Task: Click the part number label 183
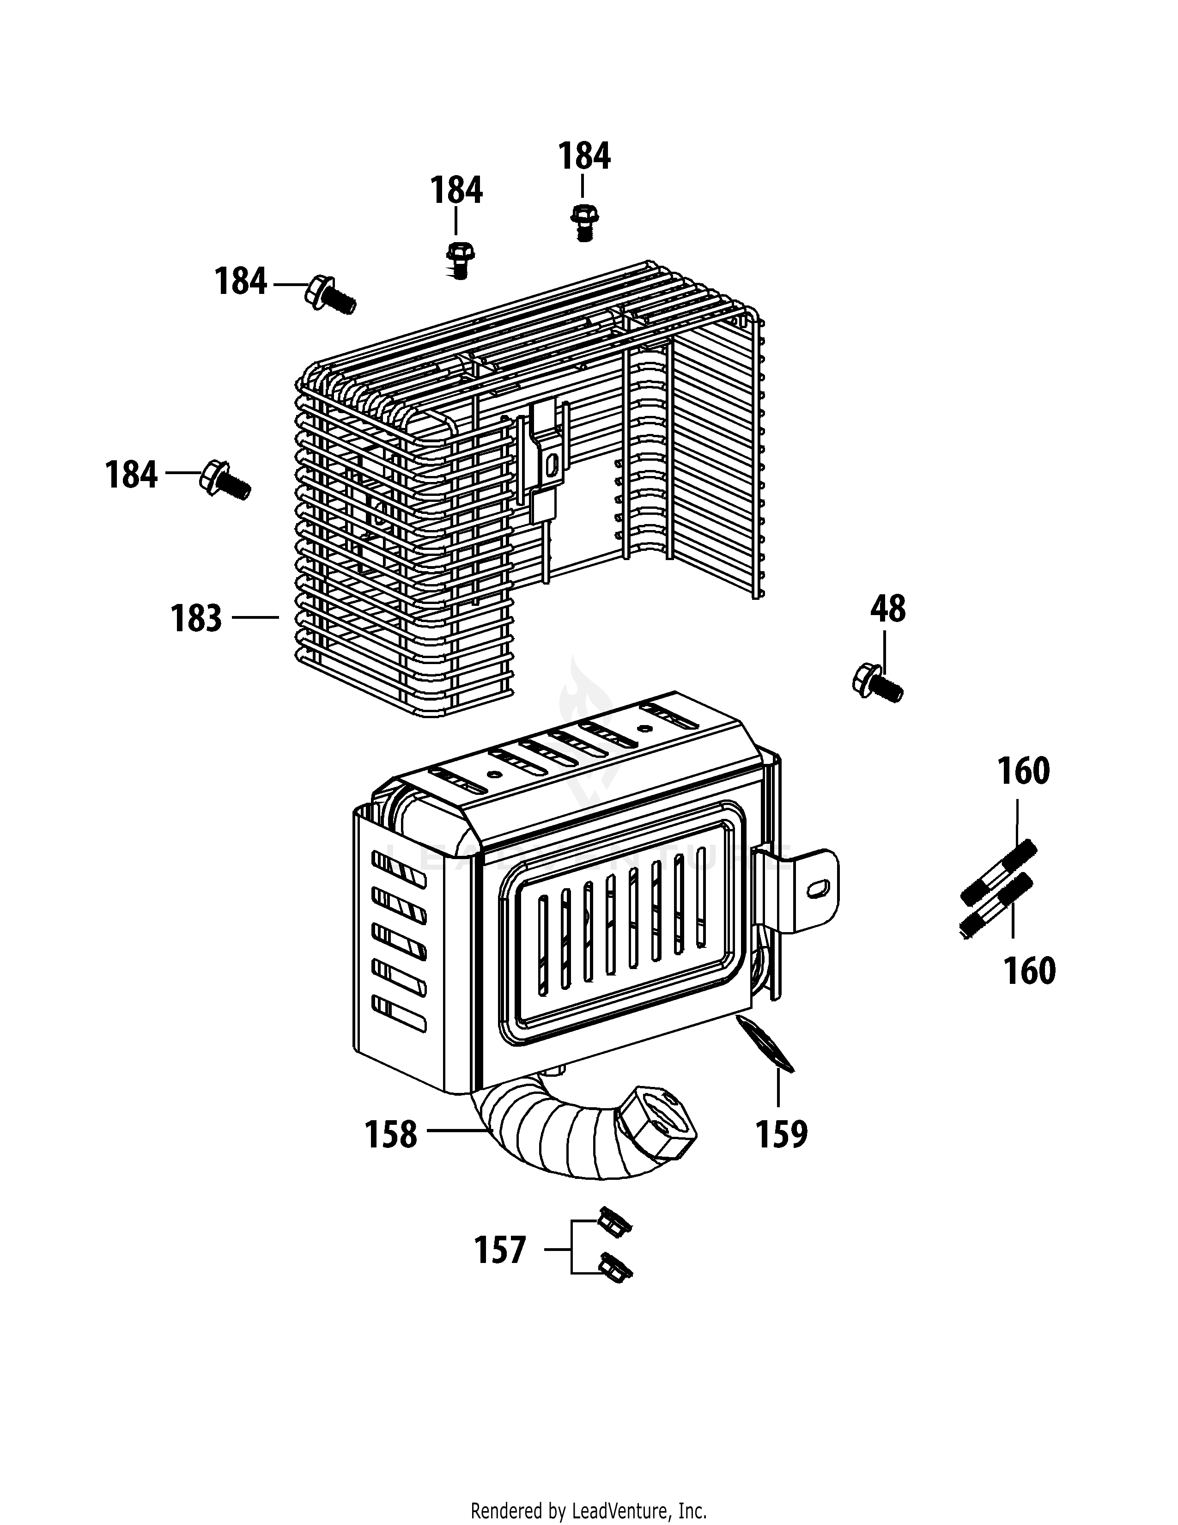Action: click(x=196, y=619)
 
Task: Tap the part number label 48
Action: click(x=888, y=609)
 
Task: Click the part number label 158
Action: click(x=391, y=1135)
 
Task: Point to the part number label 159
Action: click(x=782, y=1134)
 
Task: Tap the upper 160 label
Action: click(x=1023, y=772)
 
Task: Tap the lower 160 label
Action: click(x=1029, y=971)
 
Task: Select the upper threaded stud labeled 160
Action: click(x=999, y=873)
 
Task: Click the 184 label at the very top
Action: click(x=583, y=156)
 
